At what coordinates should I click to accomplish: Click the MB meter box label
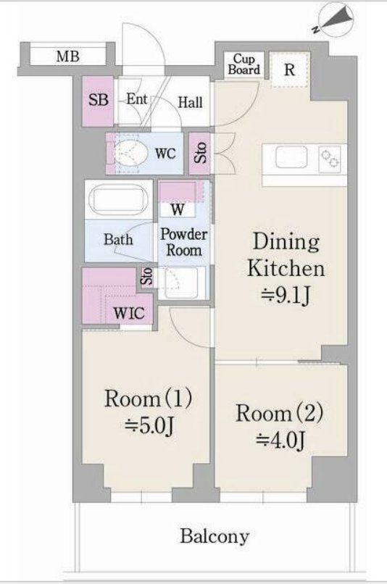(67, 57)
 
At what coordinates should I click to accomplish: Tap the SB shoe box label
(99, 100)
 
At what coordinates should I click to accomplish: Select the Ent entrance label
(136, 99)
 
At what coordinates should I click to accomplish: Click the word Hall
(190, 102)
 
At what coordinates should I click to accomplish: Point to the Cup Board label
(244, 64)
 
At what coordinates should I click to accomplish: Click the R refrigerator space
(289, 70)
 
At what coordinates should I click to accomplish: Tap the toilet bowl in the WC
(125, 153)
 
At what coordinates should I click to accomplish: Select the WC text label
(165, 153)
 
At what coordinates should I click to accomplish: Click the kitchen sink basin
(291, 157)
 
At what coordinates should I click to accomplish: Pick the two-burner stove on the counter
(330, 159)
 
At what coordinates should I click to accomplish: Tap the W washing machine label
(178, 209)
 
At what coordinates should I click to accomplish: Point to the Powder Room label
(183, 242)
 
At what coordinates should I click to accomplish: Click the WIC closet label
(129, 313)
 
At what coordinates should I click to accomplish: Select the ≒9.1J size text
(286, 296)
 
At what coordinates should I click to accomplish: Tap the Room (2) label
(279, 413)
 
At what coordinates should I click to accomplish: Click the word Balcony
(215, 536)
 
